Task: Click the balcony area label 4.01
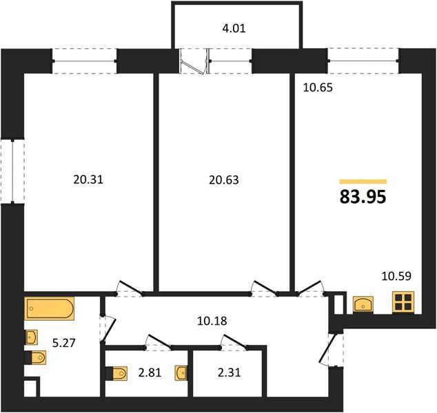point(234,29)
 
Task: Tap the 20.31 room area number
point(88,180)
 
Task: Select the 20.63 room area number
point(224,180)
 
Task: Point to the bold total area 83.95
point(363,197)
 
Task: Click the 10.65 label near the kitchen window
point(318,87)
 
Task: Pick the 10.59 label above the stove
point(396,276)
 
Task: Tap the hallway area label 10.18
point(212,321)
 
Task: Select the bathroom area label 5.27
point(64,343)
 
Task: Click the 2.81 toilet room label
point(150,372)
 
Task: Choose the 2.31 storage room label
point(229,372)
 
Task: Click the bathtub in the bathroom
point(50,308)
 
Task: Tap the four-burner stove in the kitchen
point(403,302)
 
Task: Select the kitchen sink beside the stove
point(363,304)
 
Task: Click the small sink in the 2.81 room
point(181,373)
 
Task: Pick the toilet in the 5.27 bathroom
point(36,357)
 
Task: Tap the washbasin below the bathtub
point(31,337)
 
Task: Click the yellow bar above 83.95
point(363,182)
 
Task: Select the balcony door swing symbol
point(194,61)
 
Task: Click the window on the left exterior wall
point(12,171)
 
